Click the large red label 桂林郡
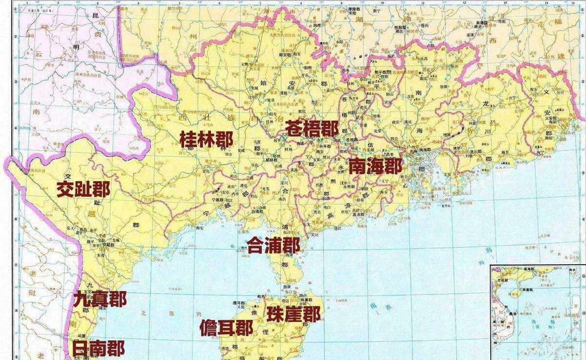[206, 139]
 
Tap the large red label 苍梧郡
[312, 129]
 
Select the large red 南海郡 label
[377, 167]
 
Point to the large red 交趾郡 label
[83, 189]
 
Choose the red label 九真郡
[100, 298]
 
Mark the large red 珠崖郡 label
[293, 314]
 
